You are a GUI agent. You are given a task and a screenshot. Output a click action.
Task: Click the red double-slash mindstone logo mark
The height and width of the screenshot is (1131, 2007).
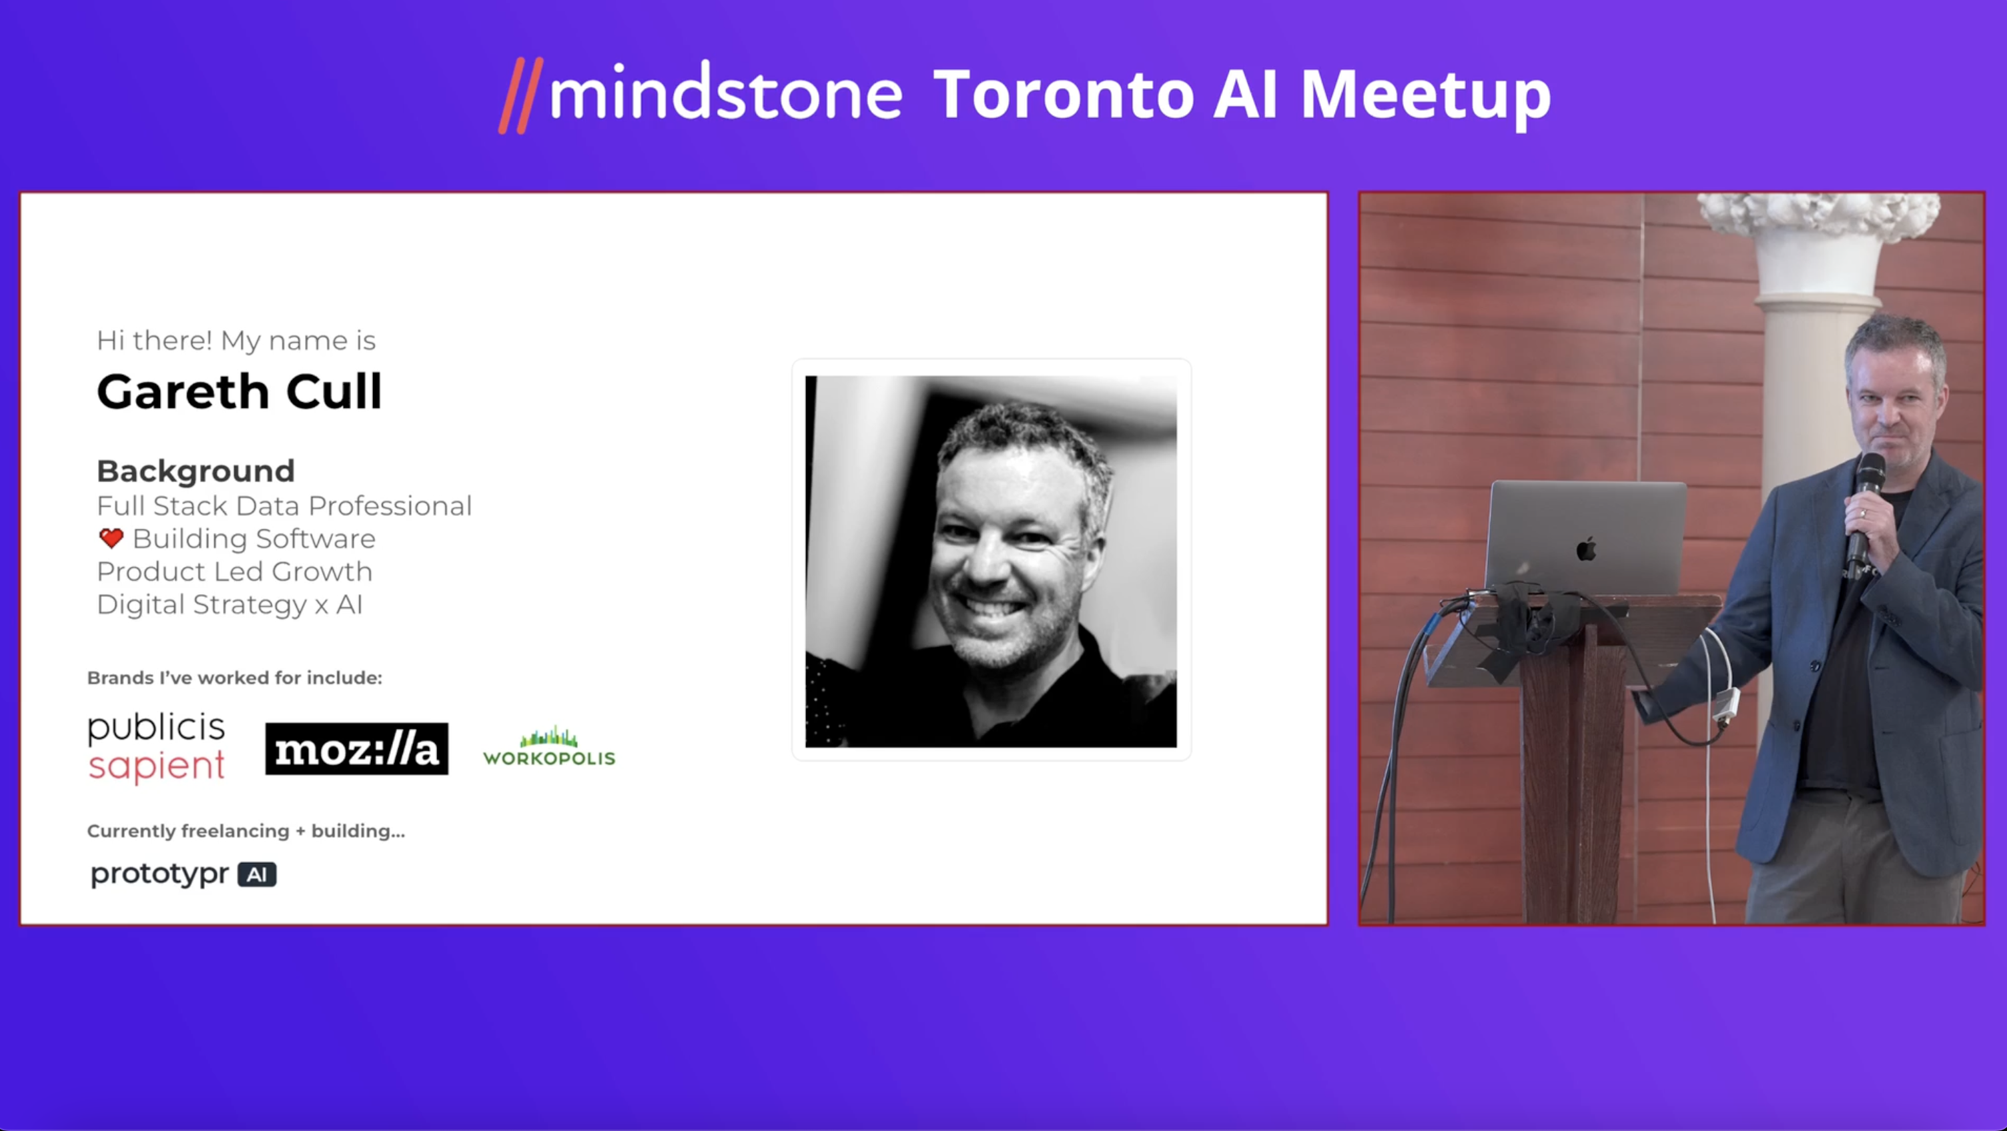point(520,96)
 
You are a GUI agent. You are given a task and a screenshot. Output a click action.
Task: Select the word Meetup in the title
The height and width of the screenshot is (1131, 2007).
point(1426,98)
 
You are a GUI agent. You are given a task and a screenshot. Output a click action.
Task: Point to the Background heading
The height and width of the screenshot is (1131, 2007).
point(195,471)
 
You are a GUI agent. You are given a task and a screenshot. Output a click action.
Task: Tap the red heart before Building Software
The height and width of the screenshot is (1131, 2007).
point(111,538)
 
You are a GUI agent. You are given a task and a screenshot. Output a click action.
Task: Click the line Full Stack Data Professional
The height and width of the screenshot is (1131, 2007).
point(284,505)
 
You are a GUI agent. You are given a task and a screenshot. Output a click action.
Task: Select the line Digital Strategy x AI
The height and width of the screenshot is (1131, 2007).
point(230,604)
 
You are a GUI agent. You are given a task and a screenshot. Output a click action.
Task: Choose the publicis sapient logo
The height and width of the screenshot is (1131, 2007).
point(157,748)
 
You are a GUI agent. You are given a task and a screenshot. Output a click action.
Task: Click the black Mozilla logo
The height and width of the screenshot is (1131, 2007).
point(357,748)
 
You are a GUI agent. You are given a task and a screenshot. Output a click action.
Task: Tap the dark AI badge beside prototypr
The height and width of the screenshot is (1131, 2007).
point(257,875)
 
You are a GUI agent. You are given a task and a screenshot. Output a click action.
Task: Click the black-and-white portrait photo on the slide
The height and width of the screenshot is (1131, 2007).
point(991,561)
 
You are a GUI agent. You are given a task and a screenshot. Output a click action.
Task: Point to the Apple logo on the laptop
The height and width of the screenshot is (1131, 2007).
point(1586,548)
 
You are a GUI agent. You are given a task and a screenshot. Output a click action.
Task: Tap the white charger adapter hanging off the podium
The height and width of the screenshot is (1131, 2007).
point(1725,704)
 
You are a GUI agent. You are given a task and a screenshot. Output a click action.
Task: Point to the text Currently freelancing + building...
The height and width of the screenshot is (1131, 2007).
point(246,831)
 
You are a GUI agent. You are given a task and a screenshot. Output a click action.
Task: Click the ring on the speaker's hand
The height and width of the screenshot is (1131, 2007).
point(1863,513)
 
